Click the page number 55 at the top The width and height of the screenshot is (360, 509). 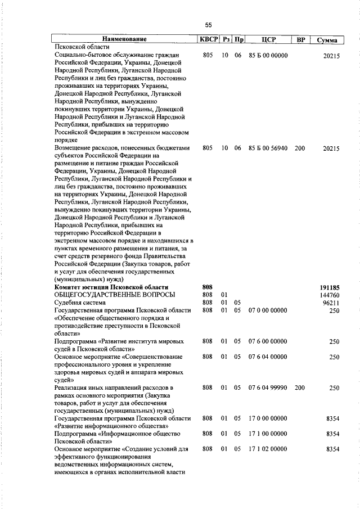pyautogui.click(x=208, y=25)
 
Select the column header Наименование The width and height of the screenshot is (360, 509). pyautogui.click(x=125, y=39)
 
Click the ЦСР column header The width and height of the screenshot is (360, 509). pyautogui.click(x=268, y=39)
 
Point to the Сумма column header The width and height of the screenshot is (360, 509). pyautogui.click(x=327, y=40)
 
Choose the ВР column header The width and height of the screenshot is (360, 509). pyautogui.click(x=300, y=39)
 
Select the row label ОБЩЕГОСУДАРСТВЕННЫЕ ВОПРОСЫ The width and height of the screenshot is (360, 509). pyautogui.click(x=114, y=295)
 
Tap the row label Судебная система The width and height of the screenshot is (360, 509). pyautogui.click(x=79, y=303)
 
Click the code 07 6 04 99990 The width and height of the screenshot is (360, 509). pyautogui.click(x=268, y=388)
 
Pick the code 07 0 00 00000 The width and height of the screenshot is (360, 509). pyautogui.click(x=268, y=310)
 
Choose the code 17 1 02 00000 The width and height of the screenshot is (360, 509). pyautogui.click(x=268, y=449)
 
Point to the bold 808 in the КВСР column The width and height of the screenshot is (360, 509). pyautogui.click(x=206, y=287)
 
